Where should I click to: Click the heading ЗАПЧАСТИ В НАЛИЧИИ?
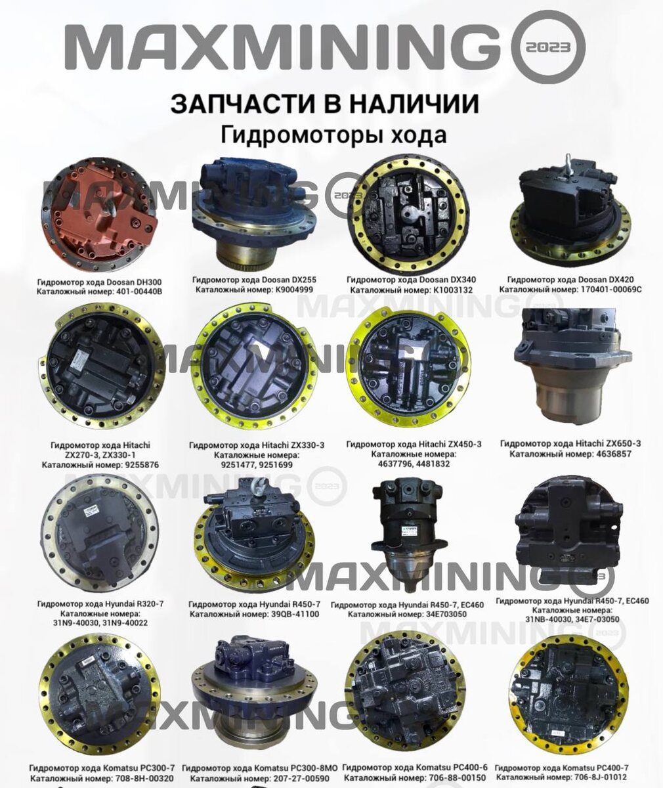coord(324,104)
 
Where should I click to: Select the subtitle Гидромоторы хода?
coord(333,135)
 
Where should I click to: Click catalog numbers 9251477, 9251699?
coord(256,464)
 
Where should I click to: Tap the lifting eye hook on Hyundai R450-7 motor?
coord(259,487)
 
